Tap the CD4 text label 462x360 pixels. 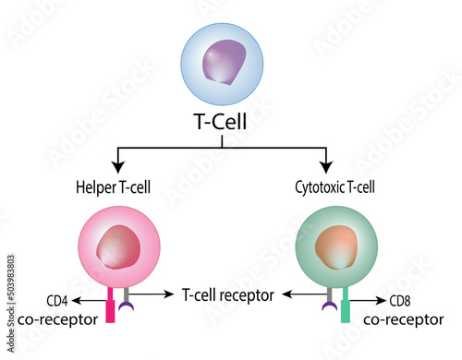click(57, 300)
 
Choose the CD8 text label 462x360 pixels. click(399, 300)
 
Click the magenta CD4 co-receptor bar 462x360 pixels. click(113, 304)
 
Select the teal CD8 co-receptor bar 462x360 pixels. click(345, 304)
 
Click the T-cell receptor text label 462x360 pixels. click(227, 295)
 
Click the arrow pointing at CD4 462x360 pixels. click(89, 300)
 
